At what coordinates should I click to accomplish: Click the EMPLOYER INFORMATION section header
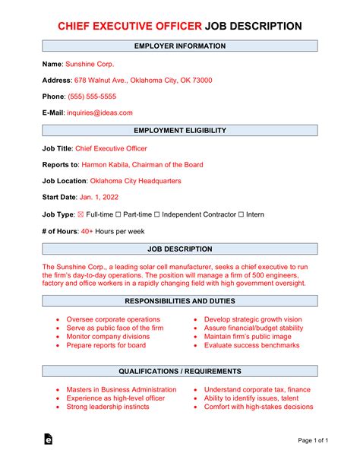(x=180, y=46)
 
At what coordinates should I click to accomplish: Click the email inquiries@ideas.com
(x=99, y=113)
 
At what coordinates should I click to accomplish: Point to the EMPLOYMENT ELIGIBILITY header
(x=180, y=132)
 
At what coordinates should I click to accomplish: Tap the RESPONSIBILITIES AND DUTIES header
(x=180, y=300)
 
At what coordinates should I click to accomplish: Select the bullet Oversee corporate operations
(x=113, y=319)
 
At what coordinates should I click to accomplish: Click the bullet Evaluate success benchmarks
(x=252, y=345)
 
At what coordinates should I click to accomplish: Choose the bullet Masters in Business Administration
(x=121, y=389)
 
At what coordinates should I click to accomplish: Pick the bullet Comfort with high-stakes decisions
(x=258, y=407)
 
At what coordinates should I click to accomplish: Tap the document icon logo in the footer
(x=48, y=440)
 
